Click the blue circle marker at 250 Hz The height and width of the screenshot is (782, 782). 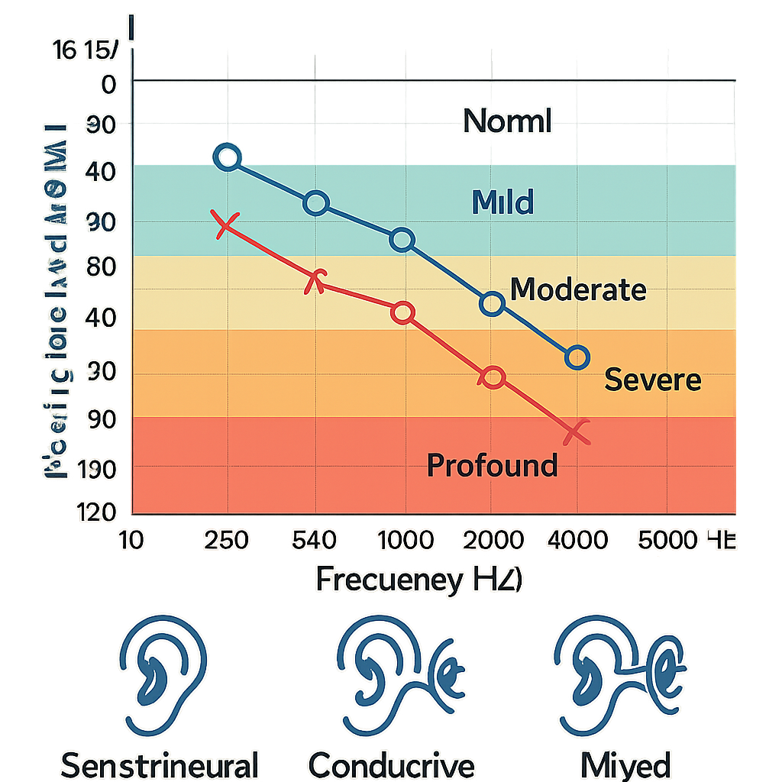(228, 158)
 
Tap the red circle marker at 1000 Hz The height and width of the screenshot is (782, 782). (402, 312)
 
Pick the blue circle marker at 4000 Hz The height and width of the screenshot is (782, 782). (577, 357)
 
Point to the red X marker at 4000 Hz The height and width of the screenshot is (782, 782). (577, 433)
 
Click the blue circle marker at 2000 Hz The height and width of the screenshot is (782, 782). (493, 304)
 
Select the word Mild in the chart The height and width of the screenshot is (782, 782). (502, 202)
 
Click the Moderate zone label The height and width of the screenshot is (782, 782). (577, 290)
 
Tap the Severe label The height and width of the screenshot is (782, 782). (652, 380)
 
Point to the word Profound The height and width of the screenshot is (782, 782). (492, 464)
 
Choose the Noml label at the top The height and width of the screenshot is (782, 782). (507, 122)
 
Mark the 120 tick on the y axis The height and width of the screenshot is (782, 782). (96, 512)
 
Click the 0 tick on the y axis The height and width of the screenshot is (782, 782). (108, 83)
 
